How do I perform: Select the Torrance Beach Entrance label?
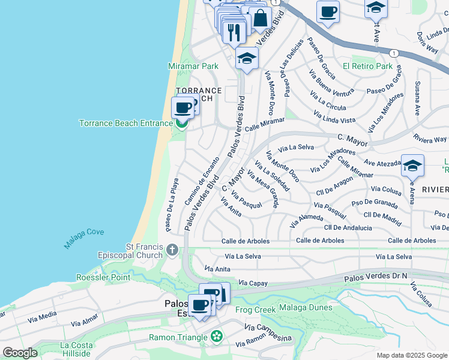pos(126,124)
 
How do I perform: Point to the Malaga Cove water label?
pos(84,238)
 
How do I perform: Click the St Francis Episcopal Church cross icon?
pos(172,250)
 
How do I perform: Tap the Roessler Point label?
pos(103,277)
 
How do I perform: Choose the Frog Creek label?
pos(255,310)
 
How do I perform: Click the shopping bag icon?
pos(261,17)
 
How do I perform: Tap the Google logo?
pos(20,353)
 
